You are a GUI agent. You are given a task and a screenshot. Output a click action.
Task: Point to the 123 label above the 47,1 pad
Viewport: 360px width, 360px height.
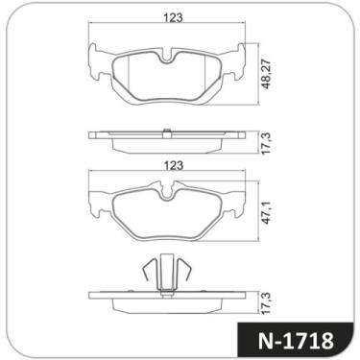point(174,165)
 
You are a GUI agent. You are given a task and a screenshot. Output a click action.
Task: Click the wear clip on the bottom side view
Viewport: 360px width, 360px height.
point(166,274)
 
